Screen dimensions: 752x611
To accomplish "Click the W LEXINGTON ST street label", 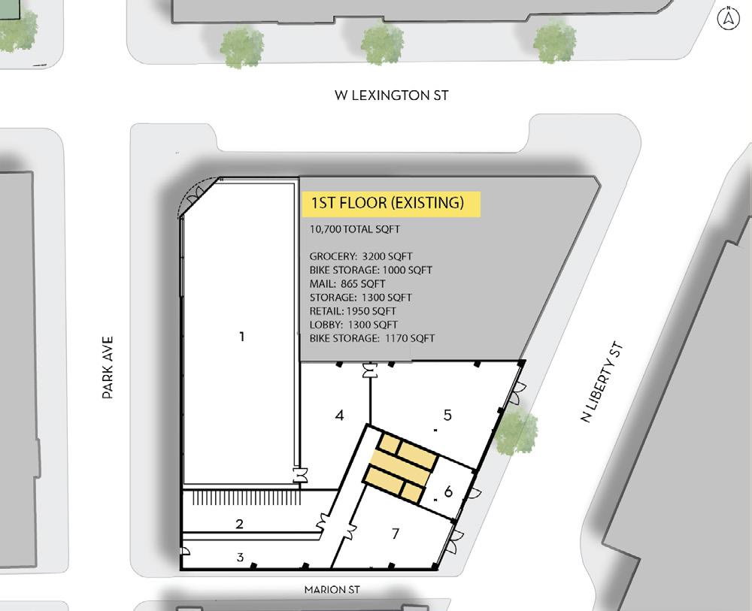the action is pos(391,95).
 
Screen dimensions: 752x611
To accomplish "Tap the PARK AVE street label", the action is pos(108,368).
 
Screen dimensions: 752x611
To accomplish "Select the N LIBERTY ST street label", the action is pos(602,382).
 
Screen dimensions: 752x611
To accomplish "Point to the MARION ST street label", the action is pos(332,589).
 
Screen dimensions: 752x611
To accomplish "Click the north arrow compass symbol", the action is pos(729,18).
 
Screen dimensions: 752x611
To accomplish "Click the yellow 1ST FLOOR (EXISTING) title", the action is pos(391,204).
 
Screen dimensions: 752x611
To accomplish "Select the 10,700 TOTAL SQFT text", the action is pos(354,229).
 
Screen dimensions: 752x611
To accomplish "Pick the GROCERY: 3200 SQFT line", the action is pos(361,256).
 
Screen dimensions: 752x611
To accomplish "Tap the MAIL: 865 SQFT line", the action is pos(347,283).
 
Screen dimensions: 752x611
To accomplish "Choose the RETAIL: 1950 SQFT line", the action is pos(353,311).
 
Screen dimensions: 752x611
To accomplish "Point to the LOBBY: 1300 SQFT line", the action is pos(353,325).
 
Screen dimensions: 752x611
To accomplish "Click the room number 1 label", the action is pos(241,337).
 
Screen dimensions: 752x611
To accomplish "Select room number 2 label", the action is pos(239,525).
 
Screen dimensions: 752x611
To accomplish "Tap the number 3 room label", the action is pos(240,557).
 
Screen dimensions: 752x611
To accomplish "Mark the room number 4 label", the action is pos(340,415).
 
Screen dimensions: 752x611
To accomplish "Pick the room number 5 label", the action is pos(447,415).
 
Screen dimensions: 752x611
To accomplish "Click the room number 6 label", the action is pos(448,492).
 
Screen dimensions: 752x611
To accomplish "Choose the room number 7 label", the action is pos(396,534).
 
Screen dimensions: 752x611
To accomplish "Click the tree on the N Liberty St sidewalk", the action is pos(514,430).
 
